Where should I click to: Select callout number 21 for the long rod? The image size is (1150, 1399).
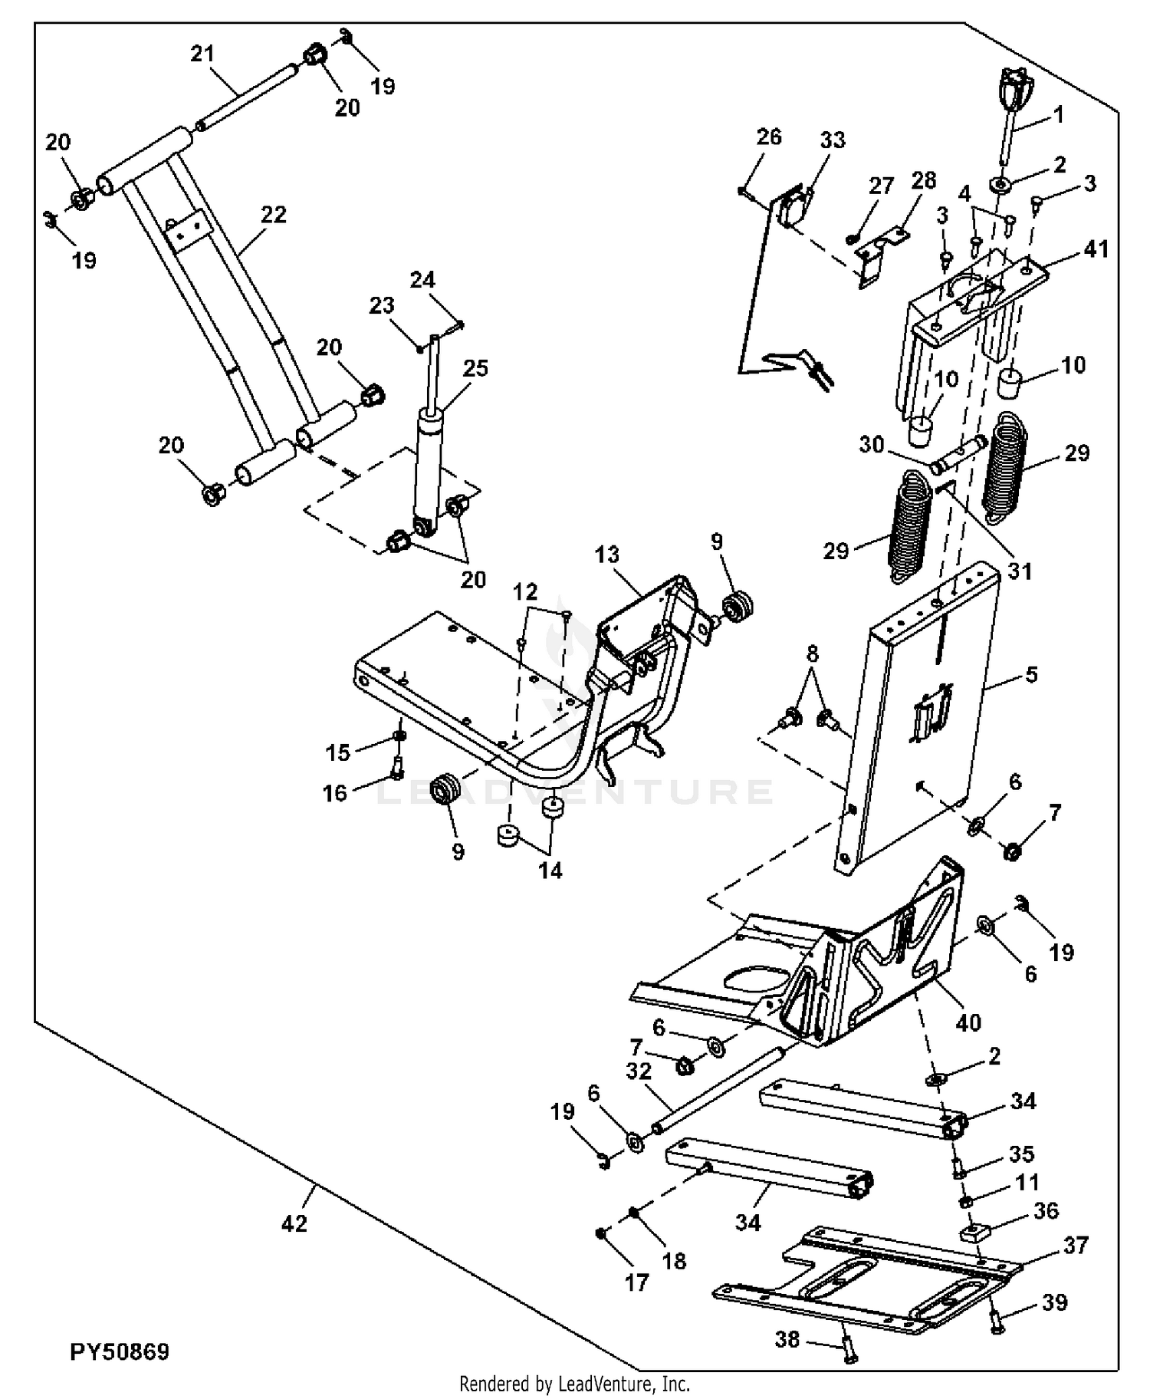click(x=202, y=54)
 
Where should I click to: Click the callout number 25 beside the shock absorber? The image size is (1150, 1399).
click(x=475, y=368)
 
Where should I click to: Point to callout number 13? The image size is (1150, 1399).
click(x=606, y=555)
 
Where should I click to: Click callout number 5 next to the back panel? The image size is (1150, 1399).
click(x=1031, y=675)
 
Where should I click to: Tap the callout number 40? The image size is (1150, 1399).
click(x=969, y=1022)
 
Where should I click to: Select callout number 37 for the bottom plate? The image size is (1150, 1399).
click(x=1076, y=1246)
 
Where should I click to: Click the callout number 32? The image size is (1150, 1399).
click(x=639, y=1071)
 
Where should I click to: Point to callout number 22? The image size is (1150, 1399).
click(x=273, y=215)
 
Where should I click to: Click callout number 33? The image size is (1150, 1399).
click(x=833, y=140)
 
